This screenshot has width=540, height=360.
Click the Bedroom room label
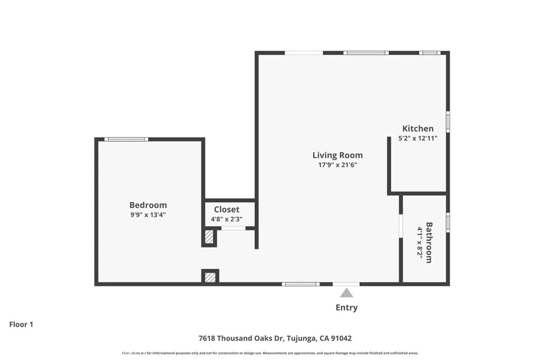148,205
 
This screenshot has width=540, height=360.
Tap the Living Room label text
337,155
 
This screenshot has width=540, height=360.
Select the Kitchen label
418,129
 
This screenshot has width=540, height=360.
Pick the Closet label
227,209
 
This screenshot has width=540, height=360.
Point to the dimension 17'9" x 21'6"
337,164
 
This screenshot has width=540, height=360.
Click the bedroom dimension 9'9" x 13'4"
148,215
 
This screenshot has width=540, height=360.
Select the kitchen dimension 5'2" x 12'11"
418,139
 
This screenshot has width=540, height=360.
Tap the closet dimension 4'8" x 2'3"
227,219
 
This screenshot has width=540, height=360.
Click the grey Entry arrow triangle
346,293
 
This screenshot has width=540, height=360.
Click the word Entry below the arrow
346,308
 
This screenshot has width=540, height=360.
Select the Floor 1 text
21,325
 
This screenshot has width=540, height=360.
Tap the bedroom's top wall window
126,139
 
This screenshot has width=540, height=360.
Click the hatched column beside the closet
209,237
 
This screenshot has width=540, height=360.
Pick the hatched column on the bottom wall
210,276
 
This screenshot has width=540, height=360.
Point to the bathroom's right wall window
448,222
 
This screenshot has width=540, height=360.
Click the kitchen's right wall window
448,121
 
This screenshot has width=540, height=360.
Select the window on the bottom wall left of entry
300,284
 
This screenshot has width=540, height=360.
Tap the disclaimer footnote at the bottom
270,353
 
